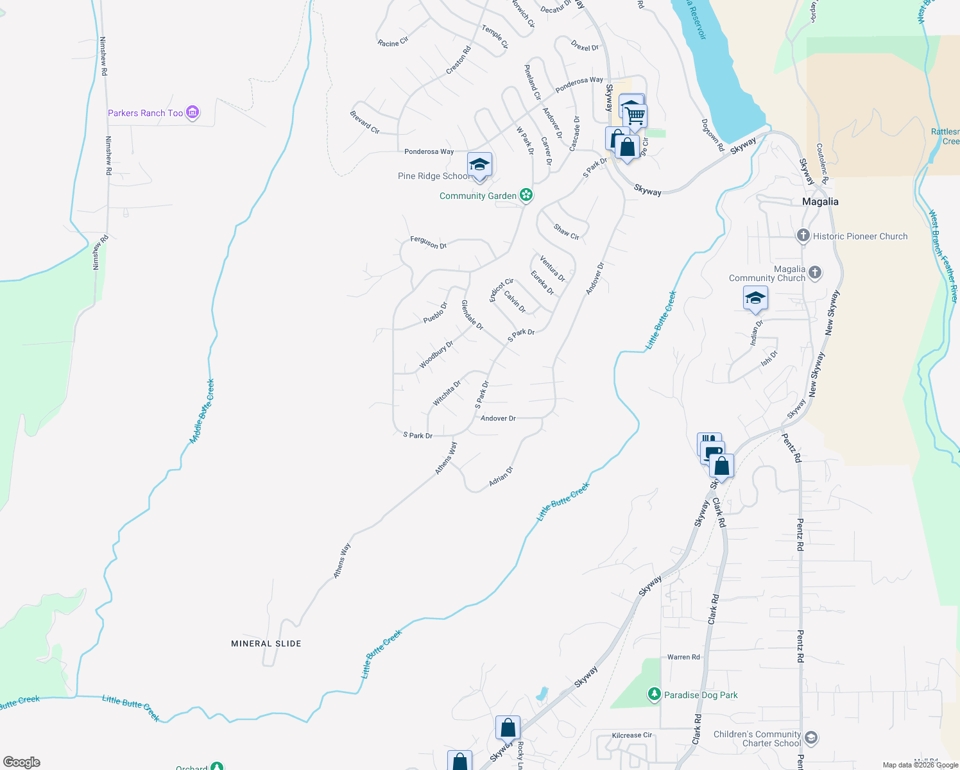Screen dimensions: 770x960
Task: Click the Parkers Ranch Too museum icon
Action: pyautogui.click(x=193, y=113)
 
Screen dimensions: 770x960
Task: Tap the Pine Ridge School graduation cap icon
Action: pyautogui.click(x=479, y=166)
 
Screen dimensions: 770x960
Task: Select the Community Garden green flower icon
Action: pyautogui.click(x=526, y=195)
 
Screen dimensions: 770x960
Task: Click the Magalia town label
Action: pyautogui.click(x=820, y=201)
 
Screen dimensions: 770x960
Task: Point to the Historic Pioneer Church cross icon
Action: pyautogui.click(x=803, y=236)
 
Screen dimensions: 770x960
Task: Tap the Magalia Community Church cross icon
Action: pyautogui.click(x=814, y=273)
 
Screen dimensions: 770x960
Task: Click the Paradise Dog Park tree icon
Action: pyautogui.click(x=654, y=694)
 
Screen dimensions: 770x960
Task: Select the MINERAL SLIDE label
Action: pyautogui.click(x=266, y=644)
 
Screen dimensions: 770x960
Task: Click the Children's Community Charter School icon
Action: pyautogui.click(x=811, y=738)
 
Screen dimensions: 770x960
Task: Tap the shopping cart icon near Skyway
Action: pyautogui.click(x=635, y=116)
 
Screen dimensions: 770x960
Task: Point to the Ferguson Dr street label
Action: pyautogui.click(x=428, y=243)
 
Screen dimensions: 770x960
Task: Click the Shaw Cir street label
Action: pyautogui.click(x=567, y=232)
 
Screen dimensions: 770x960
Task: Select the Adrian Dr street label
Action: pyautogui.click(x=501, y=476)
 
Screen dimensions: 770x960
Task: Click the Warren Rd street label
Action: pyautogui.click(x=683, y=657)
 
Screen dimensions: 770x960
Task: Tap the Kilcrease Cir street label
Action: pyautogui.click(x=631, y=735)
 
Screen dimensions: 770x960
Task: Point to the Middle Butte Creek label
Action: pyautogui.click(x=202, y=411)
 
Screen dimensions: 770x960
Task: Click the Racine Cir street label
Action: pyautogui.click(x=393, y=42)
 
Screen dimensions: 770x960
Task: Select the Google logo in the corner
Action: pyautogui.click(x=22, y=762)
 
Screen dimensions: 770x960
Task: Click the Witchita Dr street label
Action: pyautogui.click(x=447, y=393)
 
